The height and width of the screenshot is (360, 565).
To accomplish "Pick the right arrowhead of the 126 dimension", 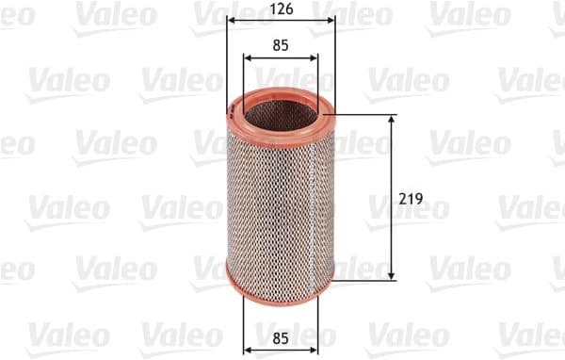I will pos(331,22).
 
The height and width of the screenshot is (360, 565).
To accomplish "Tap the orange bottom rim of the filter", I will pos(281,286).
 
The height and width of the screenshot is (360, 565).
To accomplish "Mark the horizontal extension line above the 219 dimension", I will pos(367,116).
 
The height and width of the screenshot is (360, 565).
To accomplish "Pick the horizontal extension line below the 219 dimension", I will pos(367,278).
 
